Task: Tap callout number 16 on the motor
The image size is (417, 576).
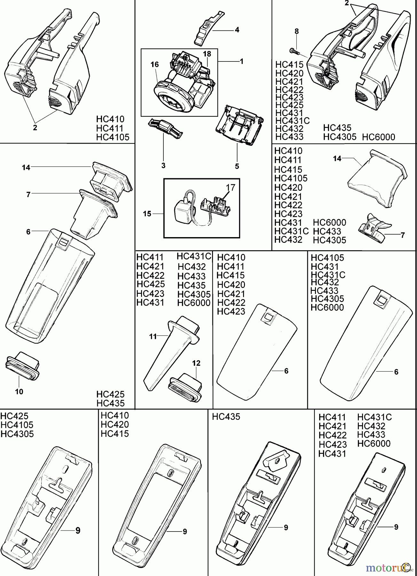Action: pos(155,65)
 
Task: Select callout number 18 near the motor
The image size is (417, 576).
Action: pos(207,54)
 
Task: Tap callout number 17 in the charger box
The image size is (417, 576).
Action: pos(231,187)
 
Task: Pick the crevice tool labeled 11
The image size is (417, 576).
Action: pos(169,349)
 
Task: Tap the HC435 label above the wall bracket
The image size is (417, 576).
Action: pos(226,417)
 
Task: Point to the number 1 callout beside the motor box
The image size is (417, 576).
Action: pos(241,61)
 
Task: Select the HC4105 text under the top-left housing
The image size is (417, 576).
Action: pos(113,137)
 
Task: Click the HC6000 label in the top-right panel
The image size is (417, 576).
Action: pos(379,137)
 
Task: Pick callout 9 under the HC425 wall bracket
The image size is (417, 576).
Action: pos(78,531)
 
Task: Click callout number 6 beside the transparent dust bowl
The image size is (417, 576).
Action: pos(28,231)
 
